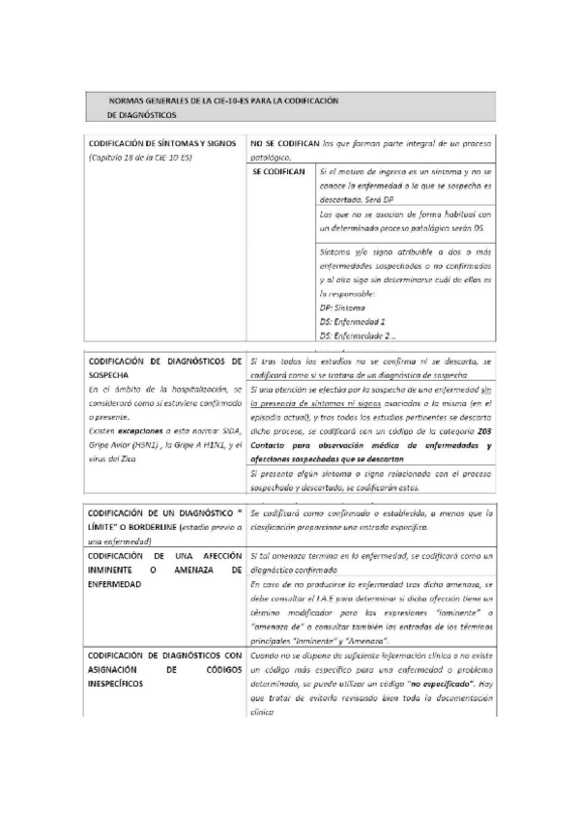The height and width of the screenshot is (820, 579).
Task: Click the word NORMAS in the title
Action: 129,101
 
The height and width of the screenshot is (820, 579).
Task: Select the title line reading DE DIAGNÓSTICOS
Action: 135,114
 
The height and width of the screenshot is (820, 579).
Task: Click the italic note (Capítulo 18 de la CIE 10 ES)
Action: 140,155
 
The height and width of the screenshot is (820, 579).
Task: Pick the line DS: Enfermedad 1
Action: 353,319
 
